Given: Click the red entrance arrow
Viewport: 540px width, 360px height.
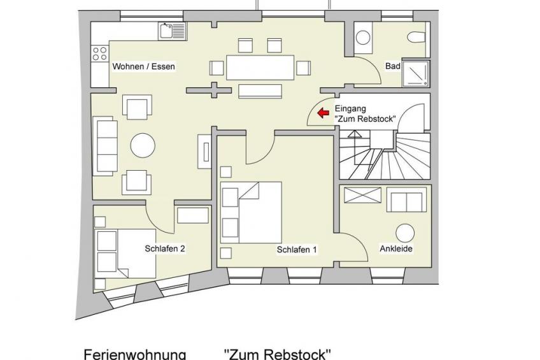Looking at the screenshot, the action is point(323,113).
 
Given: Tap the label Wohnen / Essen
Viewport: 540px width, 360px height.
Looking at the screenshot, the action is point(144,66).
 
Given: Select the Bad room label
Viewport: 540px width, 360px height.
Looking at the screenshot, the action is point(393,66).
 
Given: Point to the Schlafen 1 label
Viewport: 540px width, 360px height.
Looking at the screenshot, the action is point(297,250).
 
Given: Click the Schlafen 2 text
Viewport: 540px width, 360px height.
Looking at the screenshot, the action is point(165,248).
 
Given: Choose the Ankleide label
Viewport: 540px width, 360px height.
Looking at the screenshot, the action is point(396,248).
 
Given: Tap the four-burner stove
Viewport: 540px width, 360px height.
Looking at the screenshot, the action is point(99,53).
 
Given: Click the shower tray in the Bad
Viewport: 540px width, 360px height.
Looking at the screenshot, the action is point(416,74).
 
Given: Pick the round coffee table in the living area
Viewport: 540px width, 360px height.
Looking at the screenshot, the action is point(143,145).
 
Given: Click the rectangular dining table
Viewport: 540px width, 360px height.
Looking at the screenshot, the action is point(260,68).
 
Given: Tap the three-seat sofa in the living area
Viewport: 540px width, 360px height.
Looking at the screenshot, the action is point(105,146).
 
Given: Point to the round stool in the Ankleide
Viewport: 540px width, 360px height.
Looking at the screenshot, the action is point(405,233).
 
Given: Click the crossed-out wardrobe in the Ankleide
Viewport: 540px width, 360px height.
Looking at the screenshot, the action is point(362,196).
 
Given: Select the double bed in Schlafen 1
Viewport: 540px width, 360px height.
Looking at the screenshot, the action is point(251,213).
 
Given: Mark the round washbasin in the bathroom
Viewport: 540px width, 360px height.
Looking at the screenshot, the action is point(362,38).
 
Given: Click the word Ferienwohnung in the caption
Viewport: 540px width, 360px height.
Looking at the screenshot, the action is point(135,354).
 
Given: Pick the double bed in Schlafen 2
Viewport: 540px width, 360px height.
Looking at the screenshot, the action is point(125,253).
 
